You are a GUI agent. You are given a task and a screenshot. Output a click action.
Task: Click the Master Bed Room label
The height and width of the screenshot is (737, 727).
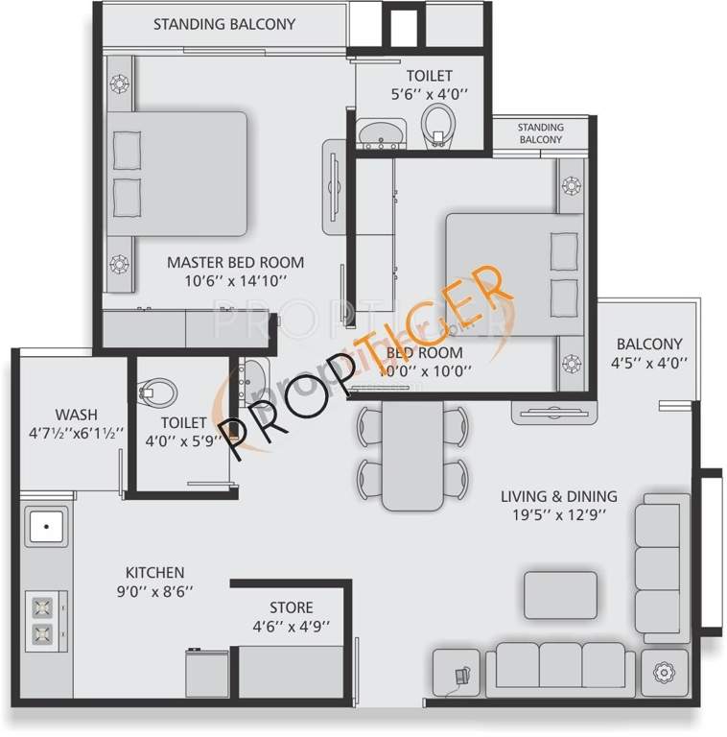235,262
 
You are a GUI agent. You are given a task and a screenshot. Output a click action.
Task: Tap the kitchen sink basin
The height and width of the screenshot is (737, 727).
45,528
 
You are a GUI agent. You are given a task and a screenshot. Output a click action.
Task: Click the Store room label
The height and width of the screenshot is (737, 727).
291,607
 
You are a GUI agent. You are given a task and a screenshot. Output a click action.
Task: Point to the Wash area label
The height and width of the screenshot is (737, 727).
76,415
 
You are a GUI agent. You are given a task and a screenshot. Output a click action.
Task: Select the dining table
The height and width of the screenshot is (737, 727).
412,456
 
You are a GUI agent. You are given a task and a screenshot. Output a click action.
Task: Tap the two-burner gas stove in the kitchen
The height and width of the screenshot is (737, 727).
42,619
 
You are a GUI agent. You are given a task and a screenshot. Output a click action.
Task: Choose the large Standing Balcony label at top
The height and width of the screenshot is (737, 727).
224,24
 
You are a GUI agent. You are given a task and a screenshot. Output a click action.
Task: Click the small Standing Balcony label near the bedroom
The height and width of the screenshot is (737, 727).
540,133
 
